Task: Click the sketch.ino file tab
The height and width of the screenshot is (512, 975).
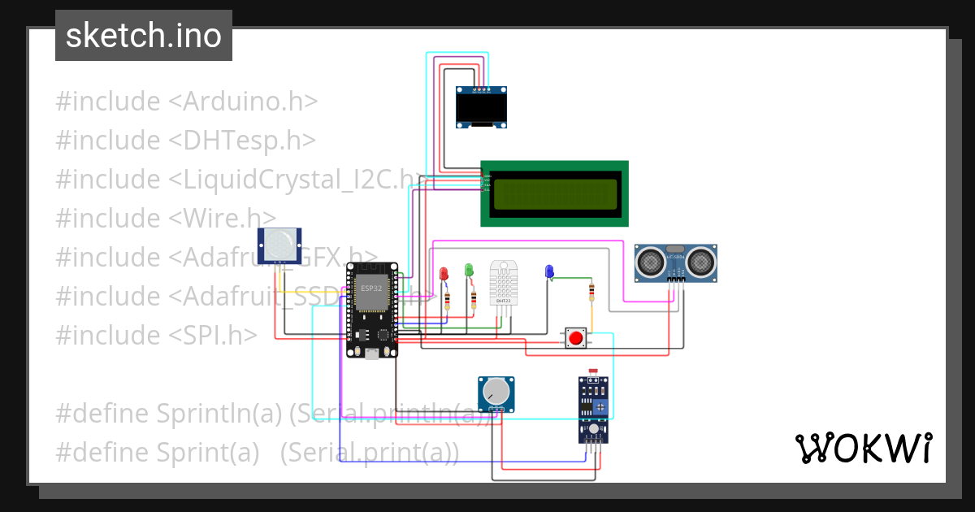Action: tap(144, 36)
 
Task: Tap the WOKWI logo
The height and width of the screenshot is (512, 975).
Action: tap(863, 448)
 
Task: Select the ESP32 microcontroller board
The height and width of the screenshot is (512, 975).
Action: tap(372, 310)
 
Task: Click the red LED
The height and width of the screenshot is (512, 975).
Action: tap(444, 273)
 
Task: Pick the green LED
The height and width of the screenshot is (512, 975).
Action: tap(469, 269)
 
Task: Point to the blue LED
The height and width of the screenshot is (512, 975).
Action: tap(549, 271)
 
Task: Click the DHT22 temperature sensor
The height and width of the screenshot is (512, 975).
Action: tap(503, 283)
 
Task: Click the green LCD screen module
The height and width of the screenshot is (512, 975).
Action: tap(555, 193)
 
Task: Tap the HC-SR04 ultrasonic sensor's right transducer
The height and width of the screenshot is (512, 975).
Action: tap(700, 262)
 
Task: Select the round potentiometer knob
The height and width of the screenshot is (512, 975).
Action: tap(496, 394)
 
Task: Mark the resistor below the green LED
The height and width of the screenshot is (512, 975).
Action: tap(473, 302)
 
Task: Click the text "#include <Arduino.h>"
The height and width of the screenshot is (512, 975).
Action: tap(186, 102)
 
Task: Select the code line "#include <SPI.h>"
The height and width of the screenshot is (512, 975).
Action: tap(156, 335)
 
